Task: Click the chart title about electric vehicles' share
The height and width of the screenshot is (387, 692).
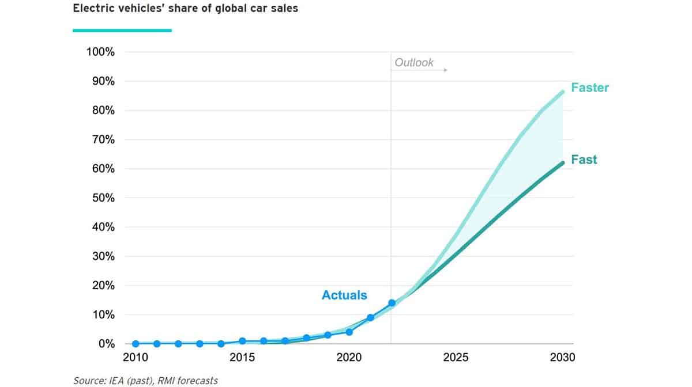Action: (185, 9)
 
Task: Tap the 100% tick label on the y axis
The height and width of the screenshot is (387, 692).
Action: (100, 52)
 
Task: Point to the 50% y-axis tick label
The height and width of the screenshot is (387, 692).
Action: (103, 198)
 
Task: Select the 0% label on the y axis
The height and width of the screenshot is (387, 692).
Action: (106, 344)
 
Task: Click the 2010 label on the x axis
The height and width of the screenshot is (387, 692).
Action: (136, 358)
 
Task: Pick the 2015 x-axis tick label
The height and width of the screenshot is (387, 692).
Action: (242, 358)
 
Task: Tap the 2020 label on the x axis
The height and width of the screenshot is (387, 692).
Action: (349, 358)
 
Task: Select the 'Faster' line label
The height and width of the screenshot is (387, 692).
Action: (590, 88)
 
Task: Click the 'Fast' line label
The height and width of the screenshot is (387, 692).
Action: (584, 160)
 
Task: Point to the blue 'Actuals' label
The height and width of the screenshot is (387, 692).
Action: (344, 295)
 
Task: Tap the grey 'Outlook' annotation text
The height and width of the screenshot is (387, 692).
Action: (414, 63)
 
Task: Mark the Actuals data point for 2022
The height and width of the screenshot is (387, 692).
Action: (392, 303)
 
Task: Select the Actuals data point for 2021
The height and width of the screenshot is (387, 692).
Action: (370, 317)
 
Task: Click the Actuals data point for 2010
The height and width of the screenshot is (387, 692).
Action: (136, 344)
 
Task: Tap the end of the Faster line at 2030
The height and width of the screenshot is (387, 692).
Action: (562, 92)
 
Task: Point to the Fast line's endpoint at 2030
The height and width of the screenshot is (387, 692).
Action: (562, 163)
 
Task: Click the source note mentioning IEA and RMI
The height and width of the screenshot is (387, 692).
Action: (145, 380)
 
